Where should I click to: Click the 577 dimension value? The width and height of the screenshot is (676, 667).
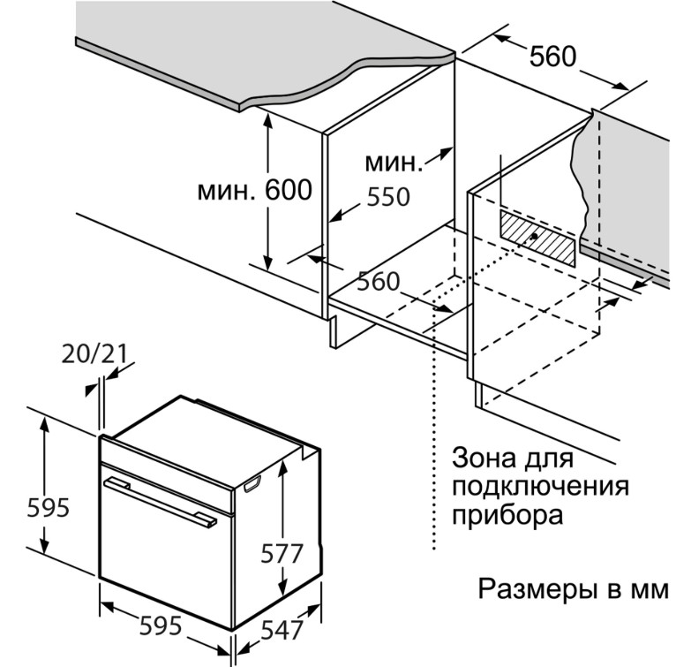[x=282, y=553]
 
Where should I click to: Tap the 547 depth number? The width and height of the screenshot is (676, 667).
[x=282, y=630]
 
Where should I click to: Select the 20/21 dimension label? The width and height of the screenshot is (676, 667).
[x=94, y=354]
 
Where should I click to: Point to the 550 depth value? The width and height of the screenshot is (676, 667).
[x=388, y=197]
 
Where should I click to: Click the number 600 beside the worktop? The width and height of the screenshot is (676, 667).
[x=288, y=190]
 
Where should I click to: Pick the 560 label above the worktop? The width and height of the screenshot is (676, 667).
[x=552, y=57]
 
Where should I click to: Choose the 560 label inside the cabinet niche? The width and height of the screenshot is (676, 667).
[x=379, y=282]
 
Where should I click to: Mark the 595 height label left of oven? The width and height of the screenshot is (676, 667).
[x=48, y=508]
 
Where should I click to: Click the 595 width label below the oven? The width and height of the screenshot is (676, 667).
[x=161, y=625]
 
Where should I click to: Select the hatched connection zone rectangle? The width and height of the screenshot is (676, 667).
[x=537, y=238]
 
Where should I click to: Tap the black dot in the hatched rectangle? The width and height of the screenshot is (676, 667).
[x=534, y=236]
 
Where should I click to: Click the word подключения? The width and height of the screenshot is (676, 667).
[x=541, y=488]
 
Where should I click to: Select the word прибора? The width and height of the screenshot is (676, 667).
[x=507, y=515]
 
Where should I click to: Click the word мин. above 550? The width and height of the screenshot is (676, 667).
[x=394, y=163]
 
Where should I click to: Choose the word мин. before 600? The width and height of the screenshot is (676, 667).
[x=226, y=192]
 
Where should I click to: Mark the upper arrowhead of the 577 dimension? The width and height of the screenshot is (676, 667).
[x=282, y=466]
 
